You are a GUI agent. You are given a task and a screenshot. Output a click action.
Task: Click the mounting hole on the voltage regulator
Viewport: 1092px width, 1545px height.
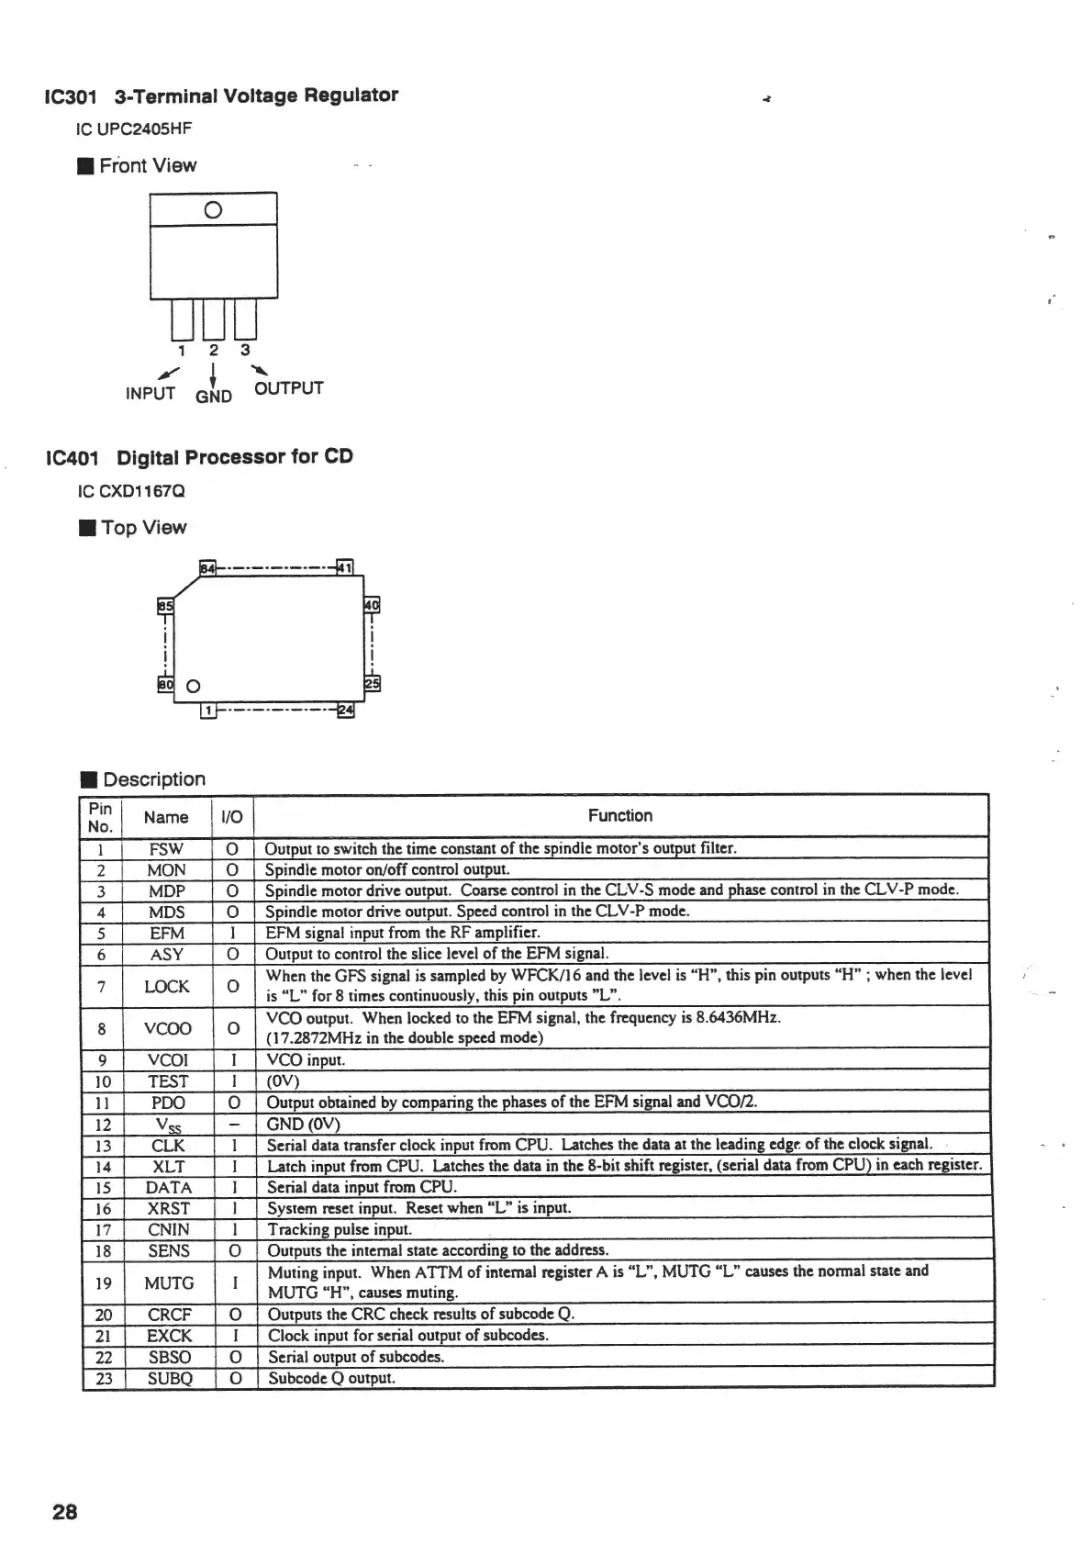213,209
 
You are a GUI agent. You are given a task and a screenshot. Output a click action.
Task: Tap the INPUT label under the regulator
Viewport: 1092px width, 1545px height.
150,394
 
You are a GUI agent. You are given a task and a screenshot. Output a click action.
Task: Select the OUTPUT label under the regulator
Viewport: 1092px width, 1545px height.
289,388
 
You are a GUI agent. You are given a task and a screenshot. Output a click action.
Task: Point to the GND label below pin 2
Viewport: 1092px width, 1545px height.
214,397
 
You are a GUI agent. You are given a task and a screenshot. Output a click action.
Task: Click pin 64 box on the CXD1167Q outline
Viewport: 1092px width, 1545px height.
208,568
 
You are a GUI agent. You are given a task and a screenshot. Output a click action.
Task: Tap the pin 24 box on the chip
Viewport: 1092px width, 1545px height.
346,710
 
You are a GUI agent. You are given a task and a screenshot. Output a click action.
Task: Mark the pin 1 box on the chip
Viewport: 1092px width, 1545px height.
209,711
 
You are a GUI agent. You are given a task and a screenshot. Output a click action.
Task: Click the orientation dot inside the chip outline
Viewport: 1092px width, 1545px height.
194,687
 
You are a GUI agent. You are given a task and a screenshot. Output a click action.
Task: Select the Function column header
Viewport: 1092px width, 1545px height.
620,815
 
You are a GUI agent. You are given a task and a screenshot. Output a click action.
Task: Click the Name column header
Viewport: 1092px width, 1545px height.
166,817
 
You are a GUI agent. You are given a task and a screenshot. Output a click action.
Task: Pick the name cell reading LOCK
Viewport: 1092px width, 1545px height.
167,986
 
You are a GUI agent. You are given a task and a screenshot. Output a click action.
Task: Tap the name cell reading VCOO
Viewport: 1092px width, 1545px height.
167,1028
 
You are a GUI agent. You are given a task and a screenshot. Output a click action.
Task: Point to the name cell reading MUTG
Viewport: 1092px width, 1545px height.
169,1282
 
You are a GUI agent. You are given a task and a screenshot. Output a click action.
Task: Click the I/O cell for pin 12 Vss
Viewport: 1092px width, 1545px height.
234,1124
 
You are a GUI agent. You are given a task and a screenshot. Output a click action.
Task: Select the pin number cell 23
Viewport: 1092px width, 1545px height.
103,1378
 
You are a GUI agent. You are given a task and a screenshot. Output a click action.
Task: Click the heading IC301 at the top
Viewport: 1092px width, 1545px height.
71,96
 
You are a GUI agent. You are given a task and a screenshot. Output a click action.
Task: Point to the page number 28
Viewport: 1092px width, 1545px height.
65,1512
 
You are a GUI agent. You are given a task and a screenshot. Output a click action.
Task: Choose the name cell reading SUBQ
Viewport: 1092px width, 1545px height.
170,1378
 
